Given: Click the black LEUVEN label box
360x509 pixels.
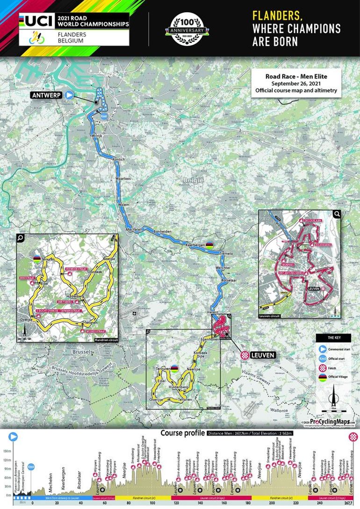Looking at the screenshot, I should (x=263, y=355).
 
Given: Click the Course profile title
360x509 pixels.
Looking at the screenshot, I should (x=183, y=433).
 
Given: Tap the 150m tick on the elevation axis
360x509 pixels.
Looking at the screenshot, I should (x=7, y=452).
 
